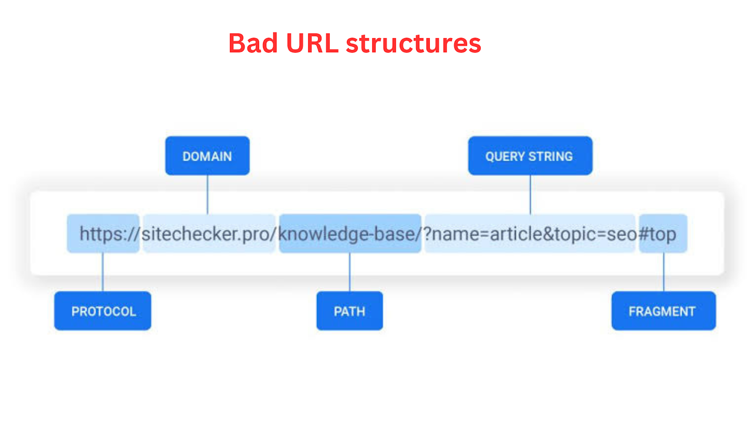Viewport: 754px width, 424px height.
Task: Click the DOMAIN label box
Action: coord(207,156)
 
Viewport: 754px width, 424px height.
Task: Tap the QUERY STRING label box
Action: coord(530,156)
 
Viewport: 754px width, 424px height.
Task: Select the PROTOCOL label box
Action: coord(103,311)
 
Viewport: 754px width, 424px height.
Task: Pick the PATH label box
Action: coord(350,311)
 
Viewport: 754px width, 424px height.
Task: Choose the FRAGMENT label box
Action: coord(664,311)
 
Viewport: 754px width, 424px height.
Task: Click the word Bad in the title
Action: coord(253,43)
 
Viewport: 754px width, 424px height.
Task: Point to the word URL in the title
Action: coord(312,43)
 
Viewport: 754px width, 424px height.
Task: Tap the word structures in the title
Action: coord(414,44)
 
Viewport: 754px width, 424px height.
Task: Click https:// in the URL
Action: coord(109,234)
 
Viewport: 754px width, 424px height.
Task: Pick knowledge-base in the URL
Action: coord(347,234)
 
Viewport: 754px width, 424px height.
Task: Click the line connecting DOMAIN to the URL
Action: coord(207,195)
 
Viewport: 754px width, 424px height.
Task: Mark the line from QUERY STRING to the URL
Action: coord(530,195)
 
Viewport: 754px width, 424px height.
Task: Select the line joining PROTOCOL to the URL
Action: coord(103,272)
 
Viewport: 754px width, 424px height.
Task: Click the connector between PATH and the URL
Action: coord(350,272)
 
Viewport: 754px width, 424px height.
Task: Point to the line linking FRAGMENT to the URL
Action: coord(664,272)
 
